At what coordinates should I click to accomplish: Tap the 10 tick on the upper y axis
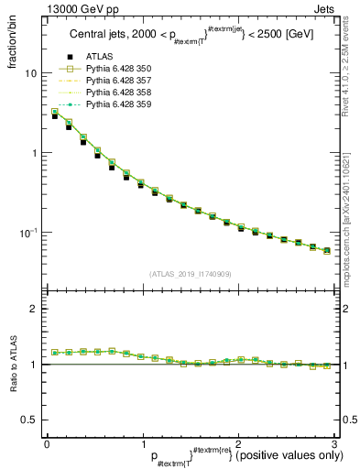(x=31, y=73)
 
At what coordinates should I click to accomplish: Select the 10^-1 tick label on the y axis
(x=27, y=233)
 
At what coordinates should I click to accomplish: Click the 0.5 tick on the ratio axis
(x=28, y=420)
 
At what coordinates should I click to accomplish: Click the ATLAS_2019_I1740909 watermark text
(x=191, y=273)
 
